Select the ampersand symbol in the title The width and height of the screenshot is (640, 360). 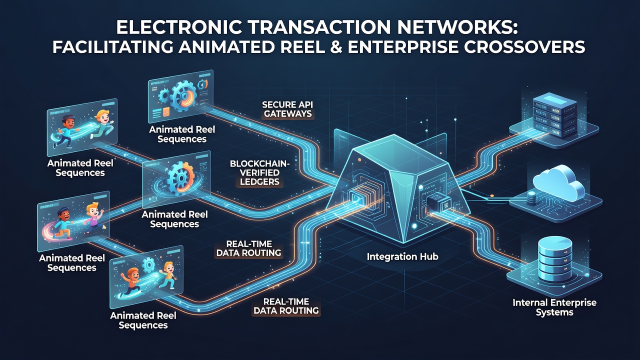click(x=335, y=46)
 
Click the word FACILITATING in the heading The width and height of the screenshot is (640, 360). click(x=112, y=46)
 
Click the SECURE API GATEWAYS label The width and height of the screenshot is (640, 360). click(x=287, y=109)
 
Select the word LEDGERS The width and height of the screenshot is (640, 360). click(x=259, y=181)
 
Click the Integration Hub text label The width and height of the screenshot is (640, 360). click(x=402, y=256)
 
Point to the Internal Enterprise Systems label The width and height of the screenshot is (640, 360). click(x=554, y=307)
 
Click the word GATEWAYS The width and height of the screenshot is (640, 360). click(x=287, y=113)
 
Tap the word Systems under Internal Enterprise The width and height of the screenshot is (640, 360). click(x=554, y=312)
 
